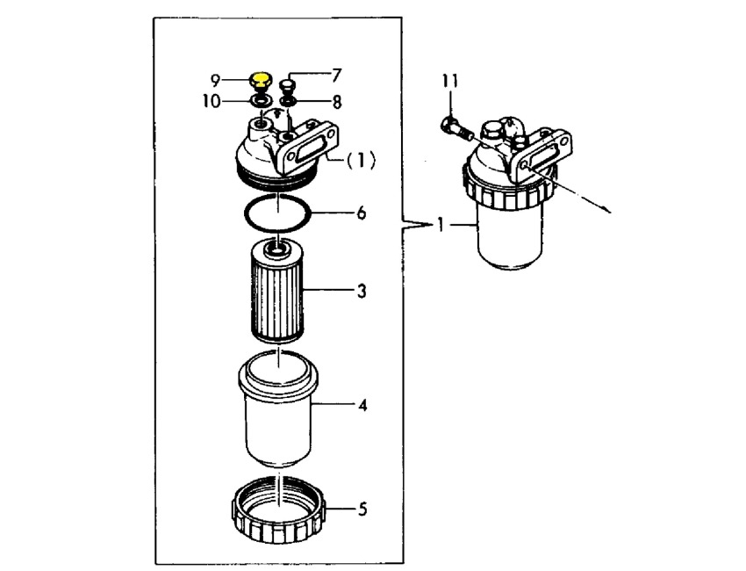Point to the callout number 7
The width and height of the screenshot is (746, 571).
[x=336, y=76]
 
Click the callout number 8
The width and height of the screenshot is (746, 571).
[x=336, y=101]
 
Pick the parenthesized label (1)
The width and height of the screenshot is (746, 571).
[x=361, y=161]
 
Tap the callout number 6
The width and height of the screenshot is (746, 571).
[x=361, y=213]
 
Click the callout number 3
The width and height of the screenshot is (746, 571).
[x=361, y=290]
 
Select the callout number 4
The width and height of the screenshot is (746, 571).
[x=361, y=406]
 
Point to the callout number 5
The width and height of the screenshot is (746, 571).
[x=361, y=509]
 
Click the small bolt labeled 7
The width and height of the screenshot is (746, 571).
[x=289, y=86]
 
